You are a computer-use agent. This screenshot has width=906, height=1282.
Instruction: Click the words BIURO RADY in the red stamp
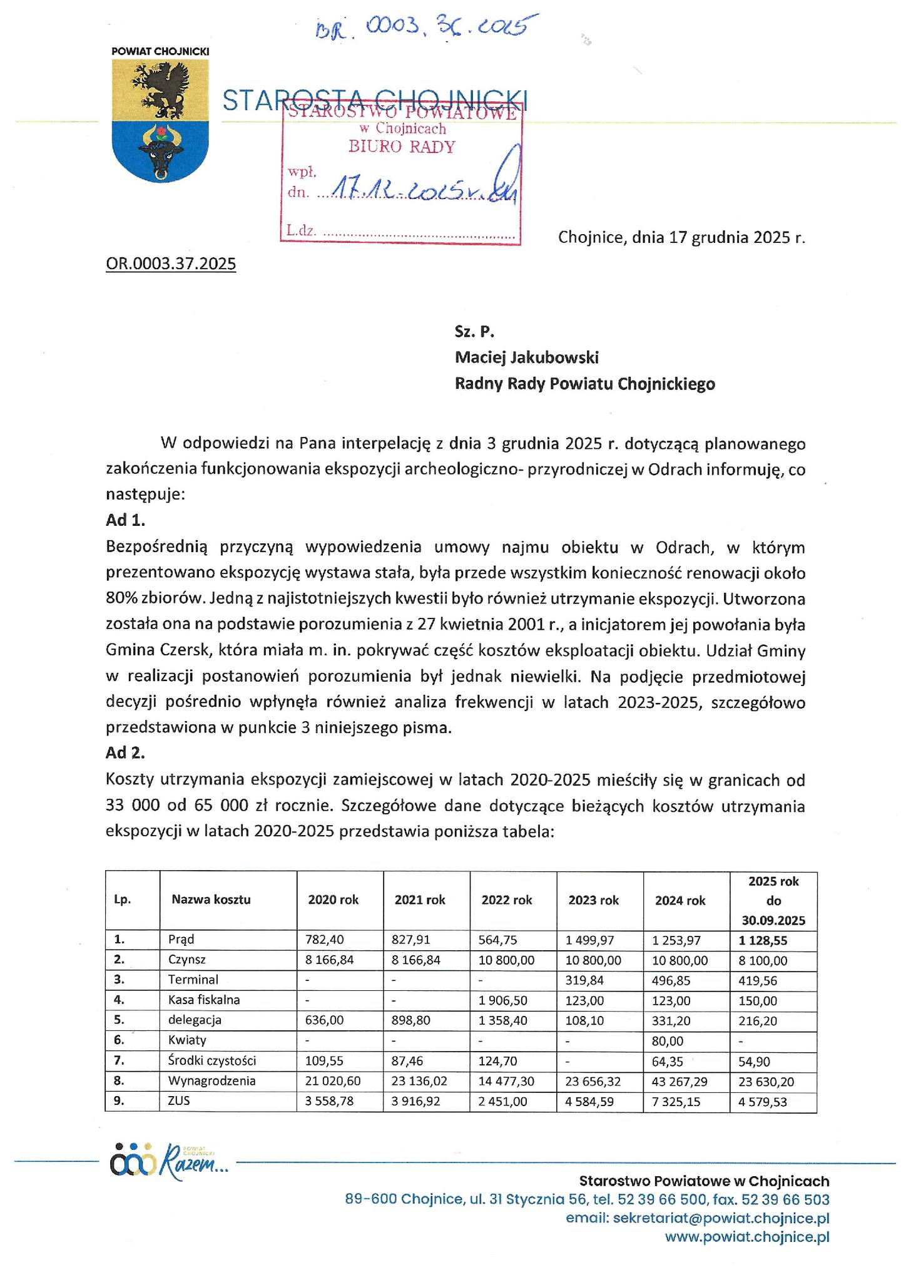(402, 147)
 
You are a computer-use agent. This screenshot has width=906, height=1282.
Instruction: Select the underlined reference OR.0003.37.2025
(171, 264)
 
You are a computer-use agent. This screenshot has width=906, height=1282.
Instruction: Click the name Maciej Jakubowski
(527, 357)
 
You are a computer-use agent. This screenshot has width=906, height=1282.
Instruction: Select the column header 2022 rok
(507, 900)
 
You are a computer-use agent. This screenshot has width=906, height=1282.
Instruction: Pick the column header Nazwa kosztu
(211, 900)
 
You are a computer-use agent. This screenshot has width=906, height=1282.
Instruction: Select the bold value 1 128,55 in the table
(763, 940)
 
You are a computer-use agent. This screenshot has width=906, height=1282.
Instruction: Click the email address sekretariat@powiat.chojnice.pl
(697, 1218)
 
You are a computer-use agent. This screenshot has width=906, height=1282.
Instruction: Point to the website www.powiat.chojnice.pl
(746, 1237)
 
